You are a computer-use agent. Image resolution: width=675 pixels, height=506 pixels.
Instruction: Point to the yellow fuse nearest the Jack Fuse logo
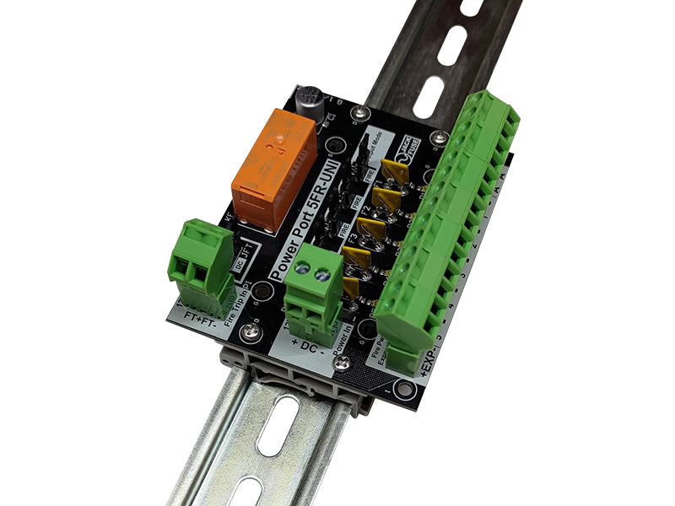tap(396, 170)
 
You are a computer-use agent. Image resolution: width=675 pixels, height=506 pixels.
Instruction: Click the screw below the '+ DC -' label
tap(341, 363)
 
